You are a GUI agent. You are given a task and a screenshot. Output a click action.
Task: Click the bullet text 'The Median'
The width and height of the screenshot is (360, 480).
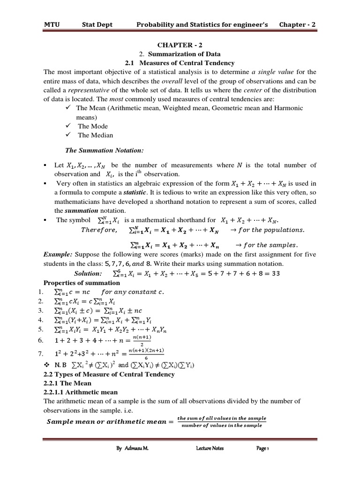click(95, 135)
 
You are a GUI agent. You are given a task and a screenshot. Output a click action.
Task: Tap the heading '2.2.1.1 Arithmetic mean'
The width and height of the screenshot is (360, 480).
click(80, 392)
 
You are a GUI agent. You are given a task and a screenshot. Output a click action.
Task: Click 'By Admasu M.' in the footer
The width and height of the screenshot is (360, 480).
click(132, 448)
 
